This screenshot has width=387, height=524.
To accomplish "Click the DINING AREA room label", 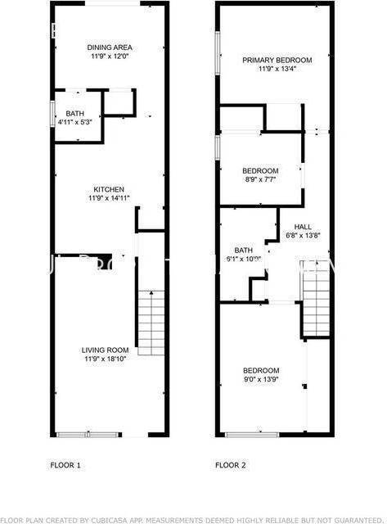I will pyautogui.click(x=110, y=47).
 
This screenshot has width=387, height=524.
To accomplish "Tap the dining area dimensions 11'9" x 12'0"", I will pyautogui.click(x=110, y=58).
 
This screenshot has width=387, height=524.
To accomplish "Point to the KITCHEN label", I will pyautogui.click(x=109, y=188).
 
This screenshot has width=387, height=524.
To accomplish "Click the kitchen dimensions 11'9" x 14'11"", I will pyautogui.click(x=110, y=199).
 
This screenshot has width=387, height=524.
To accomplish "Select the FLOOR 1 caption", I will pyautogui.click(x=66, y=465).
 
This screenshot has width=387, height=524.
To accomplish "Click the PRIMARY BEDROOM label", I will pyautogui.click(x=277, y=60).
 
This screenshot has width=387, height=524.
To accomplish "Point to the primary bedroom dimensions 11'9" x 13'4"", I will pyautogui.click(x=277, y=70).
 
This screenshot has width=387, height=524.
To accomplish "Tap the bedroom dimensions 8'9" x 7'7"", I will pyautogui.click(x=261, y=180).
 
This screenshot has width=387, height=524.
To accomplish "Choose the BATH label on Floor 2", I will pyautogui.click(x=243, y=251).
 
